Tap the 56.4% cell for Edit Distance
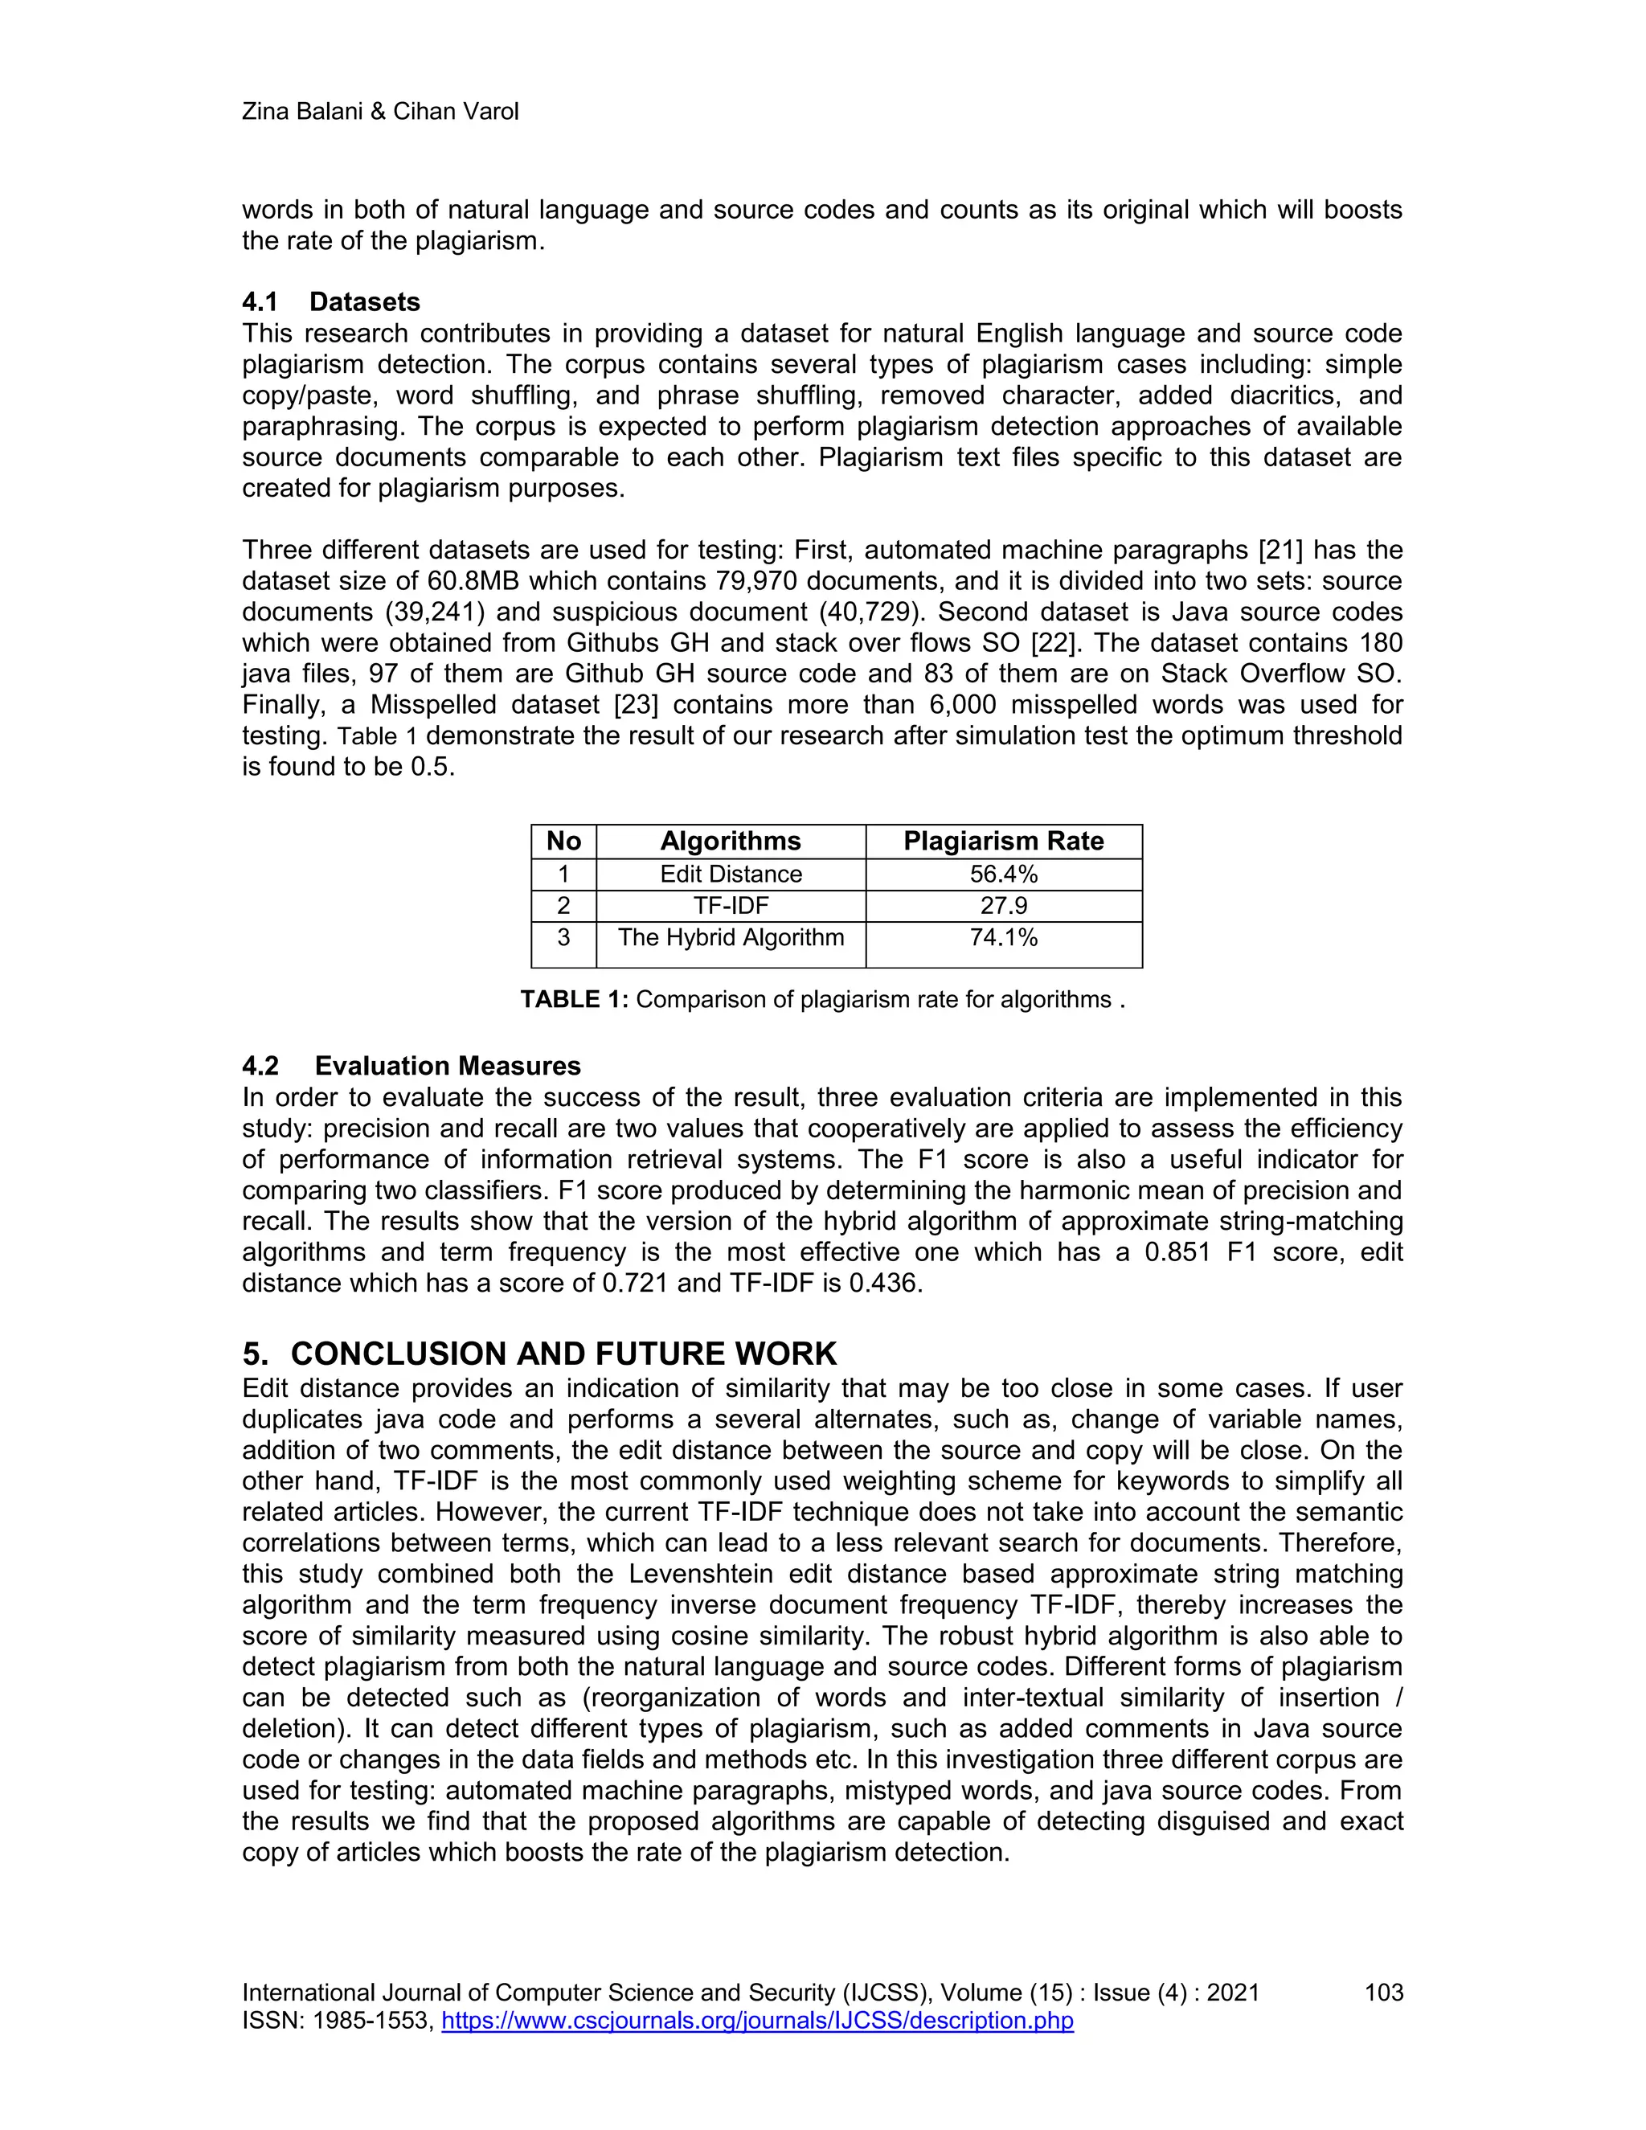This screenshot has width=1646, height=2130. click(1002, 874)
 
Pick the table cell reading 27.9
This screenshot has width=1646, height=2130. click(1002, 905)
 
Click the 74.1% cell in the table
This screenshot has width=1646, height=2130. click(1002, 937)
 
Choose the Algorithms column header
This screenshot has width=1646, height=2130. click(730, 841)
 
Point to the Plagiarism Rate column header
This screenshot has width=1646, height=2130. click(1002, 841)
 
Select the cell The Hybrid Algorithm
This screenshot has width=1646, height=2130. click(730, 937)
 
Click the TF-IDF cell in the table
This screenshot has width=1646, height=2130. click(730, 905)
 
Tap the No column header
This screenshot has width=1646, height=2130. click(563, 841)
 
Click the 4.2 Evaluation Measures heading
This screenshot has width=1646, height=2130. click(411, 1065)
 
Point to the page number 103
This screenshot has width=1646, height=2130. click(1382, 1993)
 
